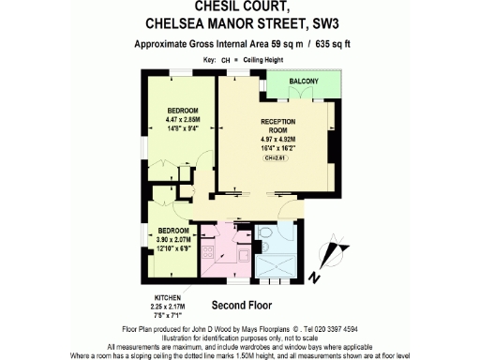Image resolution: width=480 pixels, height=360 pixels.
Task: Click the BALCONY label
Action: point(304,82)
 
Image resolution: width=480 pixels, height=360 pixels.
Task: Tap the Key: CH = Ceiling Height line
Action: point(240,59)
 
